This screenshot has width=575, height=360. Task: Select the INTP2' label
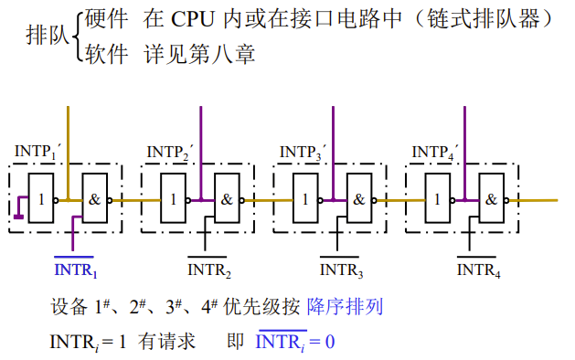170,152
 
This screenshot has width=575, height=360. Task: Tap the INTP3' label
303,152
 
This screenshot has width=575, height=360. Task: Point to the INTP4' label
435,152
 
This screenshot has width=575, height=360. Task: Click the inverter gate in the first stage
40,198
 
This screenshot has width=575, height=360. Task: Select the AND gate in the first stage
94,198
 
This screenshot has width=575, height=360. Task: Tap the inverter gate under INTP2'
173,198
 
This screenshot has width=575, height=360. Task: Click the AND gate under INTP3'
359,198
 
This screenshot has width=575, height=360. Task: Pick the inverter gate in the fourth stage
438,198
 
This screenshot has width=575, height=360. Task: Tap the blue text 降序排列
345,306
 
